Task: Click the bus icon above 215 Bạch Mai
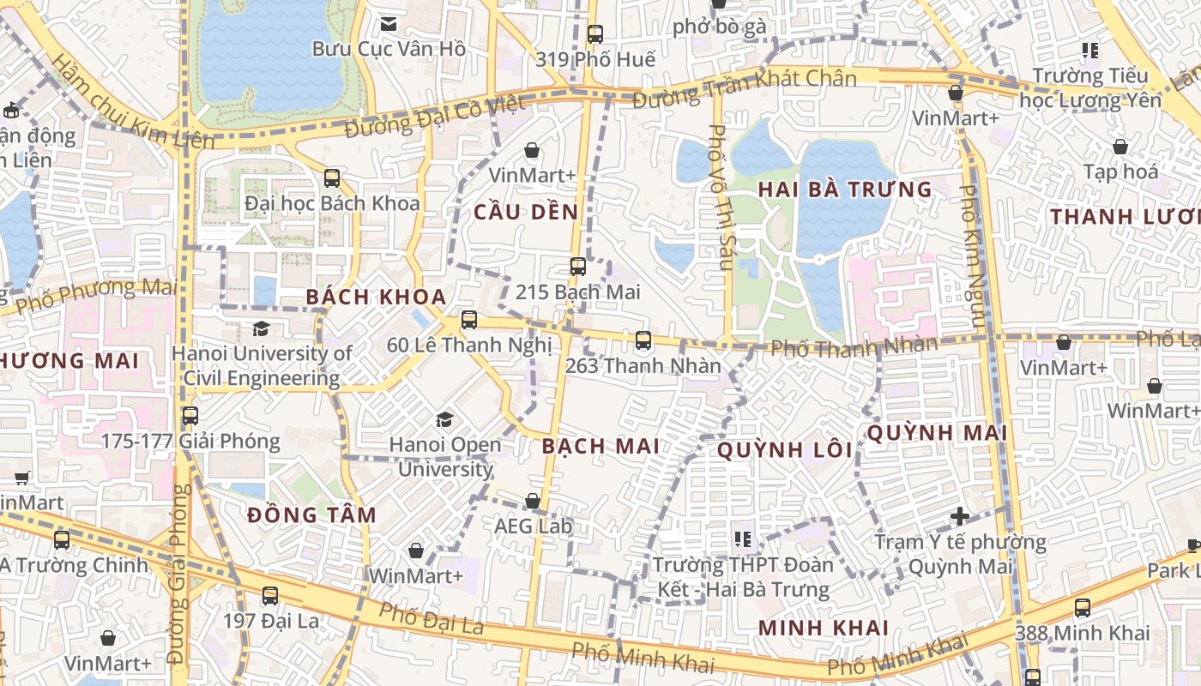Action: point(578,267)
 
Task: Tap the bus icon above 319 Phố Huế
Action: point(594,34)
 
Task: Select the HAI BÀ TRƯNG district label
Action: point(846,190)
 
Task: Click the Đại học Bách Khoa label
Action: point(332,203)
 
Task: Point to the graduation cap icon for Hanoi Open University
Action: point(444,419)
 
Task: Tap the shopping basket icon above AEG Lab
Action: point(533,501)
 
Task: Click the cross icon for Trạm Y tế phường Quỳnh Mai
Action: point(960,516)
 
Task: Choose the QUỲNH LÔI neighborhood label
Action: point(785,449)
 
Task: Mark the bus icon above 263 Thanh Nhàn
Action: point(643,340)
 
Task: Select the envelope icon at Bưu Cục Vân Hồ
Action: point(389,24)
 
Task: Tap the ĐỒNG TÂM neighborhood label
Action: point(311,515)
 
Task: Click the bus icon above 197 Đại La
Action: point(270,595)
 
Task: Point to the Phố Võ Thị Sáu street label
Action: point(719,197)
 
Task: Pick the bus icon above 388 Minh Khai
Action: point(1083,608)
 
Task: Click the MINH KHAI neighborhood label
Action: point(824,627)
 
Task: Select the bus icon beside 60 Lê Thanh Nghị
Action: point(468,320)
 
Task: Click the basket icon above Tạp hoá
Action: point(1120,147)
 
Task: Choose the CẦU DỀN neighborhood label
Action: point(526,212)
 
